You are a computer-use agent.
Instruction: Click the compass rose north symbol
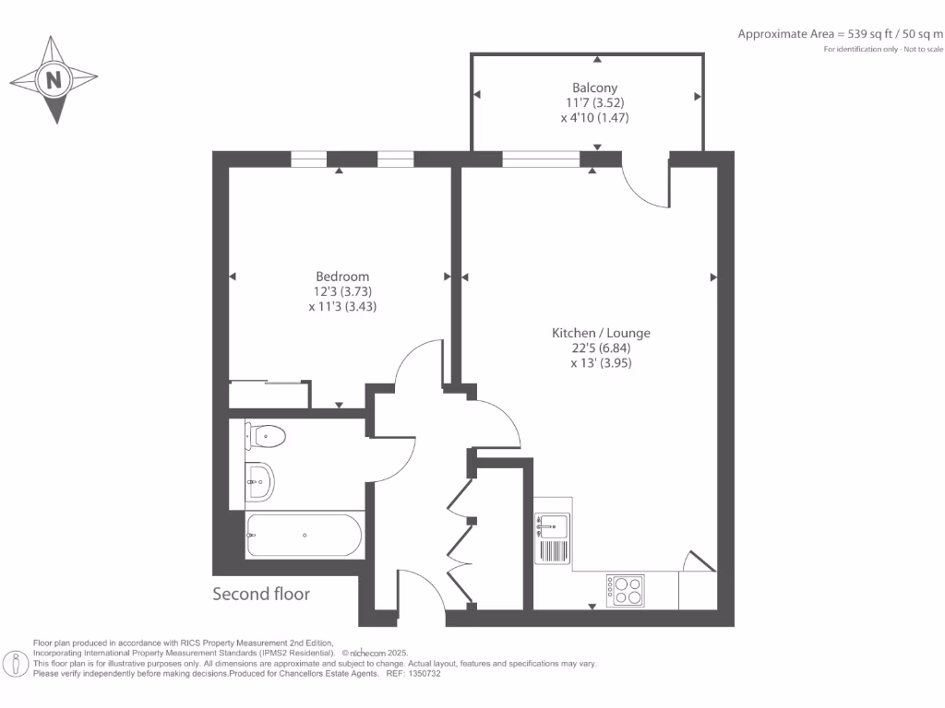click(54, 80)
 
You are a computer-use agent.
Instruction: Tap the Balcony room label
click(594, 88)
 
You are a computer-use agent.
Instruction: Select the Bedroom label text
click(342, 277)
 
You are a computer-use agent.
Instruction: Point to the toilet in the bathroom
click(266, 435)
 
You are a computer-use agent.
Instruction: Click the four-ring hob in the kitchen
click(625, 590)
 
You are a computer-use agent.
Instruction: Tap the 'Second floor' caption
click(261, 594)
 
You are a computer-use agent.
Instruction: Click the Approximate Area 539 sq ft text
click(840, 34)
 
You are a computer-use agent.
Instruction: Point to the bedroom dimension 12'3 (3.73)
click(341, 292)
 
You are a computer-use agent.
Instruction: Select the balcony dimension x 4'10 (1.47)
click(594, 118)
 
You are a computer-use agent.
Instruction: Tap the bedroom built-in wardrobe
click(269, 395)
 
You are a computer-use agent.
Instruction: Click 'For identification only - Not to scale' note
click(883, 48)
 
